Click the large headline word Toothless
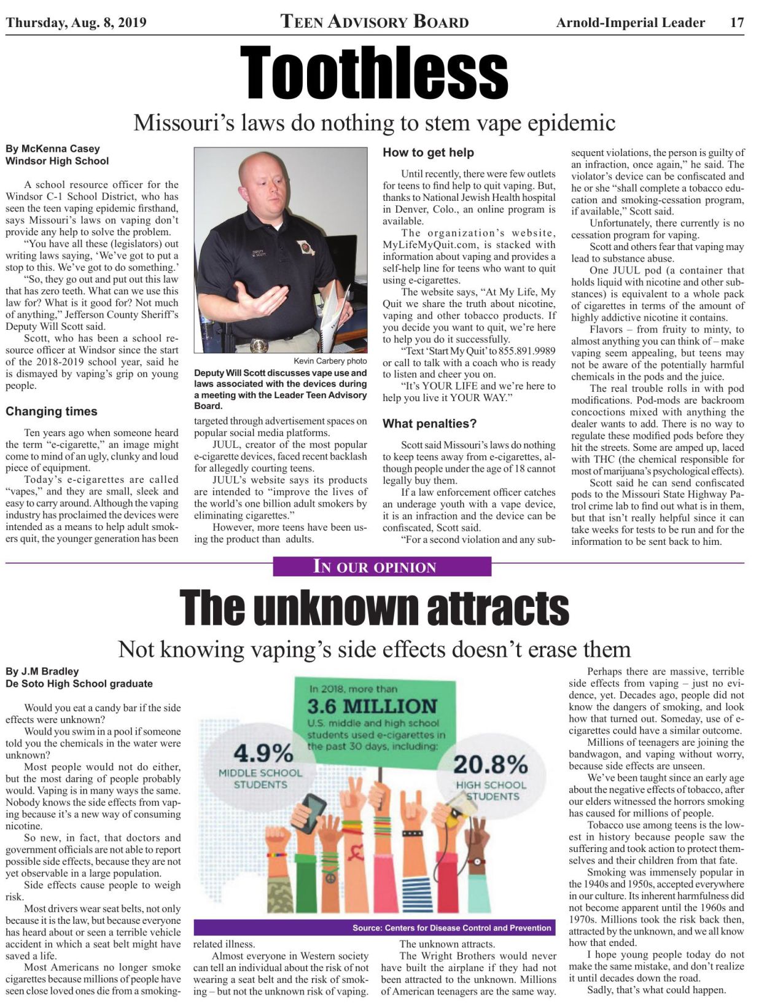point(373,72)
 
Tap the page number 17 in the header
point(737,23)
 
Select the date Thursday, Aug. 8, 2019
point(76,23)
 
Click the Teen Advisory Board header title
point(375,22)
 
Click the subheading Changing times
point(52,412)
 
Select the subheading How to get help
point(428,152)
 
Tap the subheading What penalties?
point(429,424)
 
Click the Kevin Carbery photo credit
point(330,361)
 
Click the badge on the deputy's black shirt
point(305,248)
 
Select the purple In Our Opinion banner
point(381,566)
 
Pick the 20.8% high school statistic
point(490,765)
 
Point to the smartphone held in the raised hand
point(314,813)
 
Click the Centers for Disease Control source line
point(451,928)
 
